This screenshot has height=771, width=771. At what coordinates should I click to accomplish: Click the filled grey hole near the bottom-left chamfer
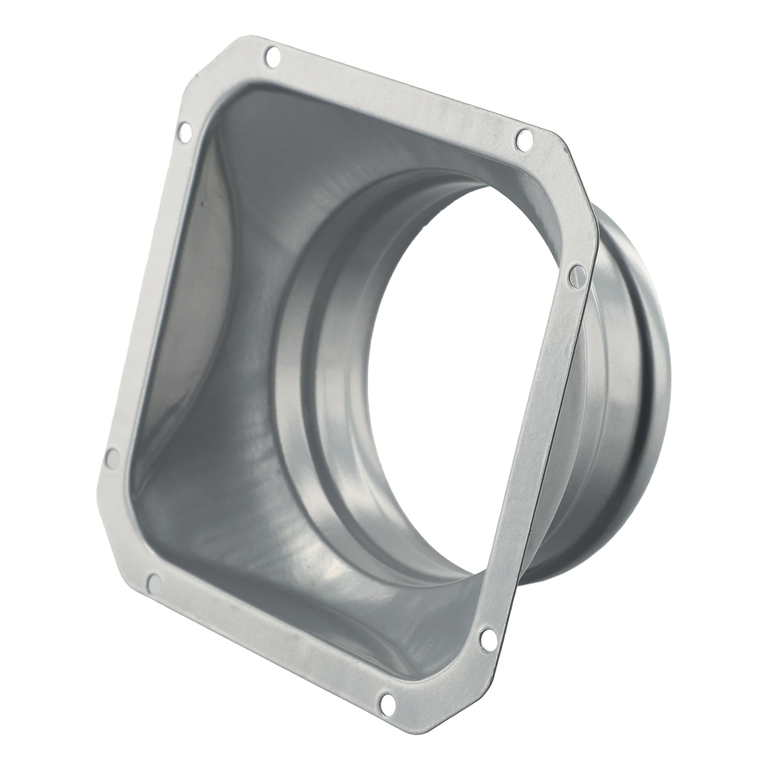click(154, 582)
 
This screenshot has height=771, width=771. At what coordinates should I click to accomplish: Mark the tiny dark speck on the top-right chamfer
click(565, 150)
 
